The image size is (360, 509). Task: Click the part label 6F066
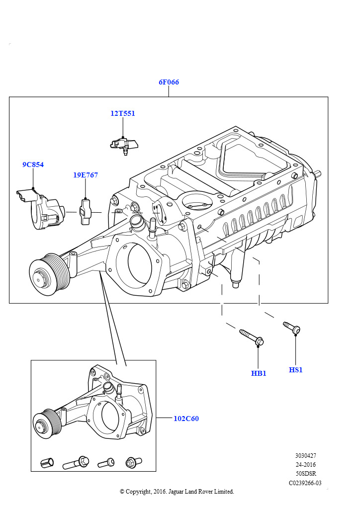click(169, 82)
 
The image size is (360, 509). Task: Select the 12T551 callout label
click(123, 113)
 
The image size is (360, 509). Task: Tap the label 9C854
click(33, 165)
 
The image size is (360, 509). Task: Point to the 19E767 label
click(86, 175)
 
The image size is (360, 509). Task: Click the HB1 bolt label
click(259, 373)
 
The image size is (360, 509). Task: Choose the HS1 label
click(295, 370)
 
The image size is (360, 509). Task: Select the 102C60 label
click(186, 419)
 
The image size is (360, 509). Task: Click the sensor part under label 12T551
click(124, 145)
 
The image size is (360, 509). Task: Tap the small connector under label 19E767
click(86, 212)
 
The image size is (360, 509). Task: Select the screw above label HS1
click(291, 327)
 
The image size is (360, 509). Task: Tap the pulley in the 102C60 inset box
click(47, 424)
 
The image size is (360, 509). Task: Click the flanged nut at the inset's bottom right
click(133, 462)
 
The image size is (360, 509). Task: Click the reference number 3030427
click(305, 456)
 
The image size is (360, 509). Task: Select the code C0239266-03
click(305, 483)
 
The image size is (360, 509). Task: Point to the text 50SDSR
click(306, 474)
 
